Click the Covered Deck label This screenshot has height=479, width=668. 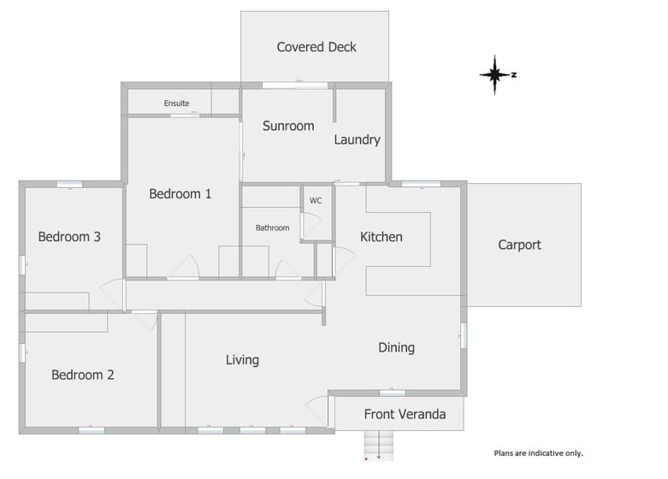(316, 47)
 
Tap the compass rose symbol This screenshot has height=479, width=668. (494, 75)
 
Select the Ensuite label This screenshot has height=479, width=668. (176, 103)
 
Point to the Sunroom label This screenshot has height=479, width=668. (288, 126)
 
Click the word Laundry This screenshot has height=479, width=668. (357, 139)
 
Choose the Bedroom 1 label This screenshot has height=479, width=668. (180, 194)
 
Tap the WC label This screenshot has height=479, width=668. (316, 201)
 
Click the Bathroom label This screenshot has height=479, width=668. (272, 228)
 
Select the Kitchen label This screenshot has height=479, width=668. (381, 237)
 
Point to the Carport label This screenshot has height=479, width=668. (519, 245)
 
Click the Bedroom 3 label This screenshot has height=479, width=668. (69, 237)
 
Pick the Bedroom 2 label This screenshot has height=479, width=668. (83, 375)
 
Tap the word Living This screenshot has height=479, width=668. (242, 360)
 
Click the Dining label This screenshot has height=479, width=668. (397, 348)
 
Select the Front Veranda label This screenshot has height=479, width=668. (405, 414)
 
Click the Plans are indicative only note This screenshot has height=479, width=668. (539, 453)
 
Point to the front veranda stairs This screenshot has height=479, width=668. (379, 446)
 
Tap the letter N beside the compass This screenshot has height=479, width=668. (514, 75)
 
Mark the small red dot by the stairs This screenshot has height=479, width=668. (366, 459)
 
